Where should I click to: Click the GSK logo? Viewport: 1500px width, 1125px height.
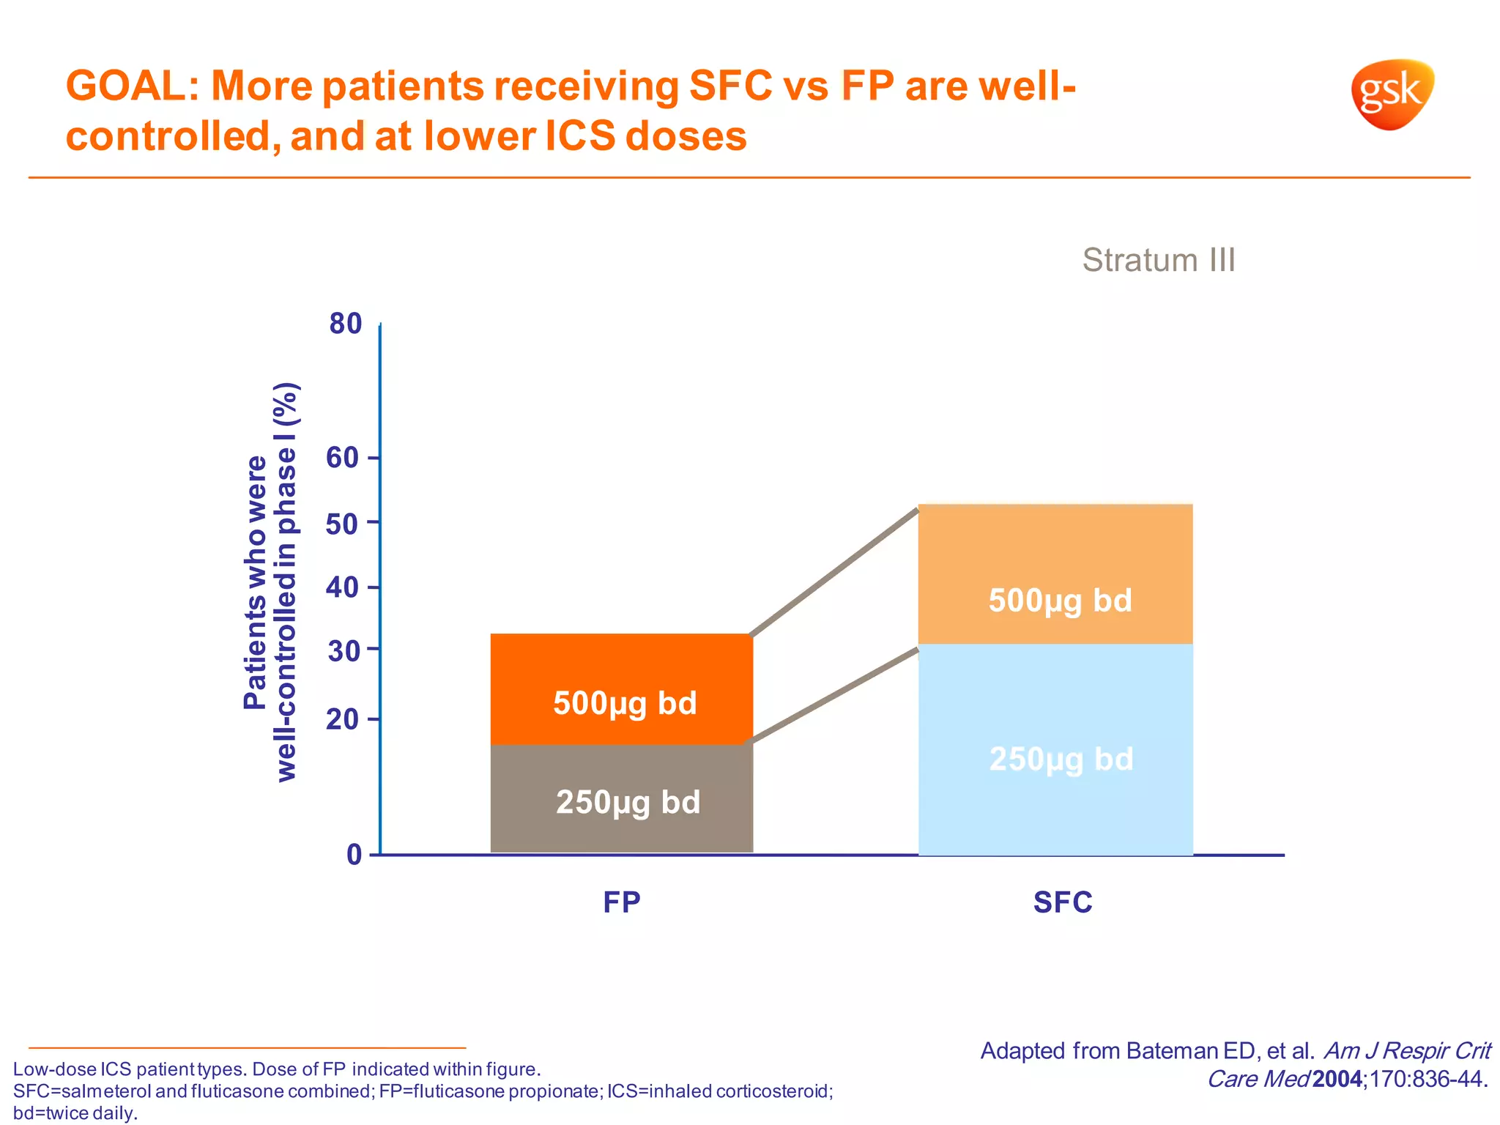coord(1392,94)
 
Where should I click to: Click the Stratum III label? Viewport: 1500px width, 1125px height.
coord(1158,260)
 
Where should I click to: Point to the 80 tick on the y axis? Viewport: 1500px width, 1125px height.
coord(346,323)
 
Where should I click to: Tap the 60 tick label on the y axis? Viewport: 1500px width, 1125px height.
coord(343,458)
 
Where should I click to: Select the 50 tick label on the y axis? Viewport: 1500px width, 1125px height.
coord(343,523)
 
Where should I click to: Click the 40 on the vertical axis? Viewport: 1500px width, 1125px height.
coord(343,587)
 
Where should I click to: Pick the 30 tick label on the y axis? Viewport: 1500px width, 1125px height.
coord(343,650)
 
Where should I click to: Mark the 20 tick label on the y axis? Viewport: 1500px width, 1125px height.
coord(343,719)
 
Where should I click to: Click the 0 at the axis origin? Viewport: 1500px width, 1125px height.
coord(354,855)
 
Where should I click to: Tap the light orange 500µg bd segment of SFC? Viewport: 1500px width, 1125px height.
coord(1055,557)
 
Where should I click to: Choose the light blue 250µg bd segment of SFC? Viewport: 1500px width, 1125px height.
coord(1055,806)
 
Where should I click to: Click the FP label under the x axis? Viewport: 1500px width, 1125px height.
coord(621,902)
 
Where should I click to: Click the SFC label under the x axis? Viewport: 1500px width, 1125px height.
coord(1062,902)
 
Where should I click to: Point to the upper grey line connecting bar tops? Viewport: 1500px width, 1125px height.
coord(835,571)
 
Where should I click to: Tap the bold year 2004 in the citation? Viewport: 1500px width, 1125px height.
coord(1337,1079)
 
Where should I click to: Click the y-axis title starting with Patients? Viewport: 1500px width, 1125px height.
coord(270,582)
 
